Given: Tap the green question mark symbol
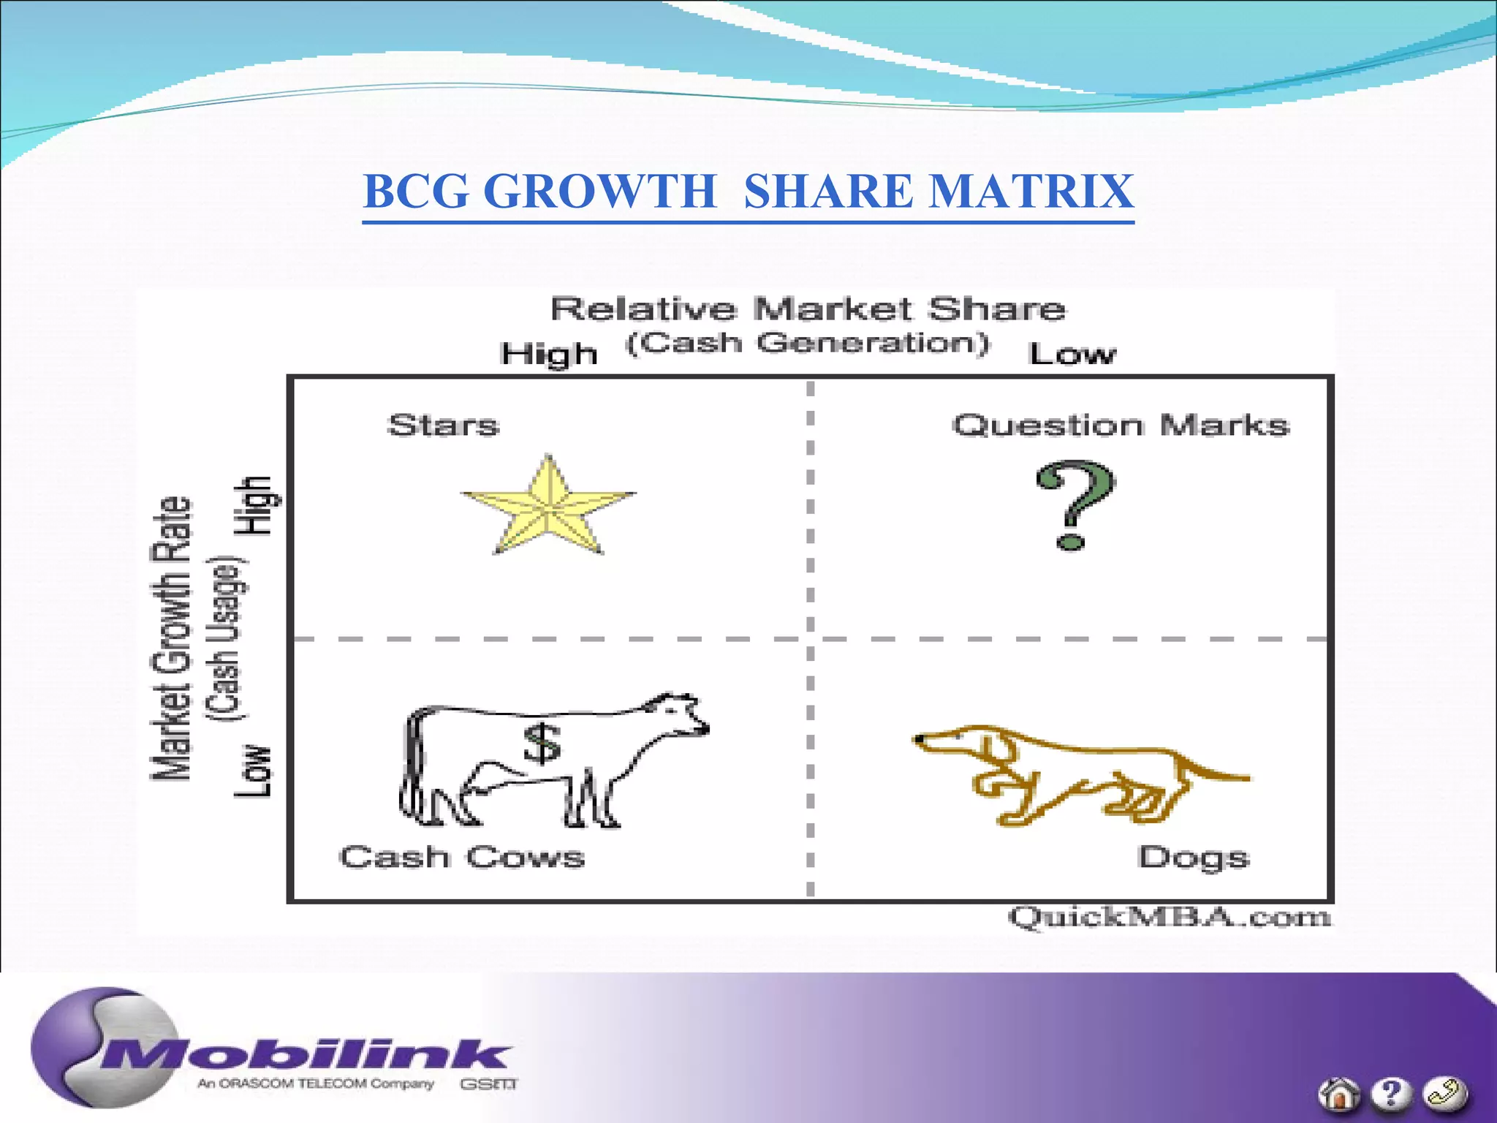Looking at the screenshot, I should [1075, 504].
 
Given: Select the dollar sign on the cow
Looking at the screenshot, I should [542, 744].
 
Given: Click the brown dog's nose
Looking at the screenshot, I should [918, 740].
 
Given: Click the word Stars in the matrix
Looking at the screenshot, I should [444, 426].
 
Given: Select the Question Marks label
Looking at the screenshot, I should [1121, 426].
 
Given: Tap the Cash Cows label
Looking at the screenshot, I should [462, 857].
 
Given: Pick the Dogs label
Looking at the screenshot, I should [1194, 858].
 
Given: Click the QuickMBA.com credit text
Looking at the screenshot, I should [1170, 917].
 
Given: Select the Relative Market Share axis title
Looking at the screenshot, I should [808, 309].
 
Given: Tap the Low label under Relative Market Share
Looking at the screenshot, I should [1072, 355].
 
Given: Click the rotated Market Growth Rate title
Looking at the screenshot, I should [171, 638].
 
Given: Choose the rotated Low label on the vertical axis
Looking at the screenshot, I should [252, 771].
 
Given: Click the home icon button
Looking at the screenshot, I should [1338, 1094].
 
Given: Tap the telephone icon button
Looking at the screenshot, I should [1445, 1094].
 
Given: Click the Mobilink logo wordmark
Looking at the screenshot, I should [307, 1055].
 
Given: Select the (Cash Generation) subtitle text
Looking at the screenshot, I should [808, 343].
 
